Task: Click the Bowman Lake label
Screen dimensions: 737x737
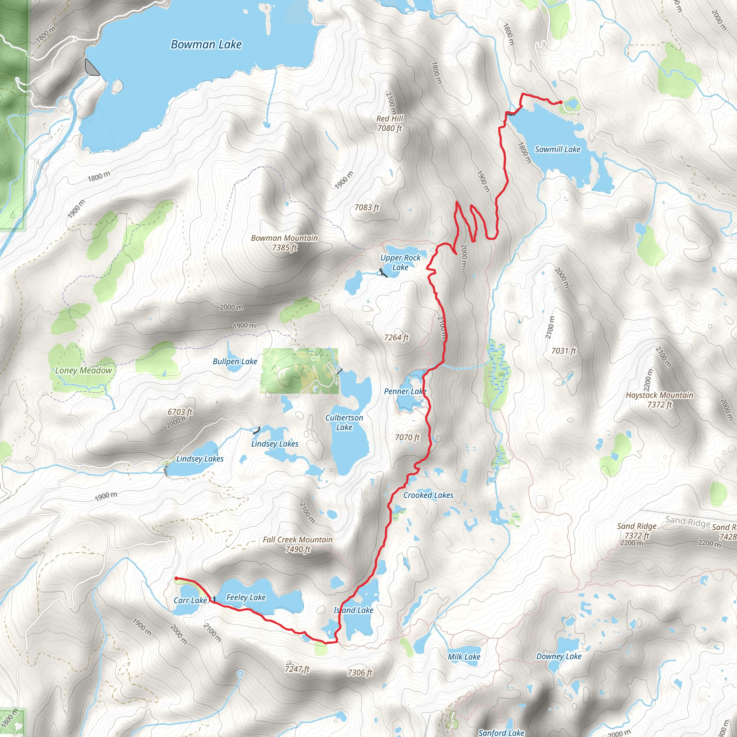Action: pos(206,45)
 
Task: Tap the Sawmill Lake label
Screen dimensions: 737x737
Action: pos(557,149)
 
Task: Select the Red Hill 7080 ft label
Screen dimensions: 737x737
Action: pos(389,123)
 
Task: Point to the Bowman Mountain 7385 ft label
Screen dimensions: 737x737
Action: pos(284,243)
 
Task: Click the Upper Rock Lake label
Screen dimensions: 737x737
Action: pos(400,262)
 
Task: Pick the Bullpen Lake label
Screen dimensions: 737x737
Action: pos(235,361)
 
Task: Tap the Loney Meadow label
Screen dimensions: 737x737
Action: pos(83,370)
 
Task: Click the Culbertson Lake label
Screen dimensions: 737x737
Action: pos(344,422)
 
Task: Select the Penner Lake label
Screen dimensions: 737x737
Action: pos(405,392)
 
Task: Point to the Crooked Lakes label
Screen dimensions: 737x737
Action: pos(428,495)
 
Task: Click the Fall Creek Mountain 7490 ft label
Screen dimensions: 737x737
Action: pos(298,544)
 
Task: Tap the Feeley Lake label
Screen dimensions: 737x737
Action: pos(246,597)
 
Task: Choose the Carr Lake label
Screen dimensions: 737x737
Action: pos(190,601)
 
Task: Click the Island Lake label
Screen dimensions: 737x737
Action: pos(354,610)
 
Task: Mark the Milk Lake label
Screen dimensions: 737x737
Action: pos(464,657)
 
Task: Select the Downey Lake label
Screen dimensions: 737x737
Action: pos(559,656)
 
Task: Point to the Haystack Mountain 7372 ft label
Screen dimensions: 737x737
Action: pos(660,400)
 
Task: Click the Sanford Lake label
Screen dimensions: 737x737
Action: pos(501,732)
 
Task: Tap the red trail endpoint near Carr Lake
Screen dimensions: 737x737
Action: pos(176,578)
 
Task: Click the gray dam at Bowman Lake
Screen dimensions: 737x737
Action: pos(91,68)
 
